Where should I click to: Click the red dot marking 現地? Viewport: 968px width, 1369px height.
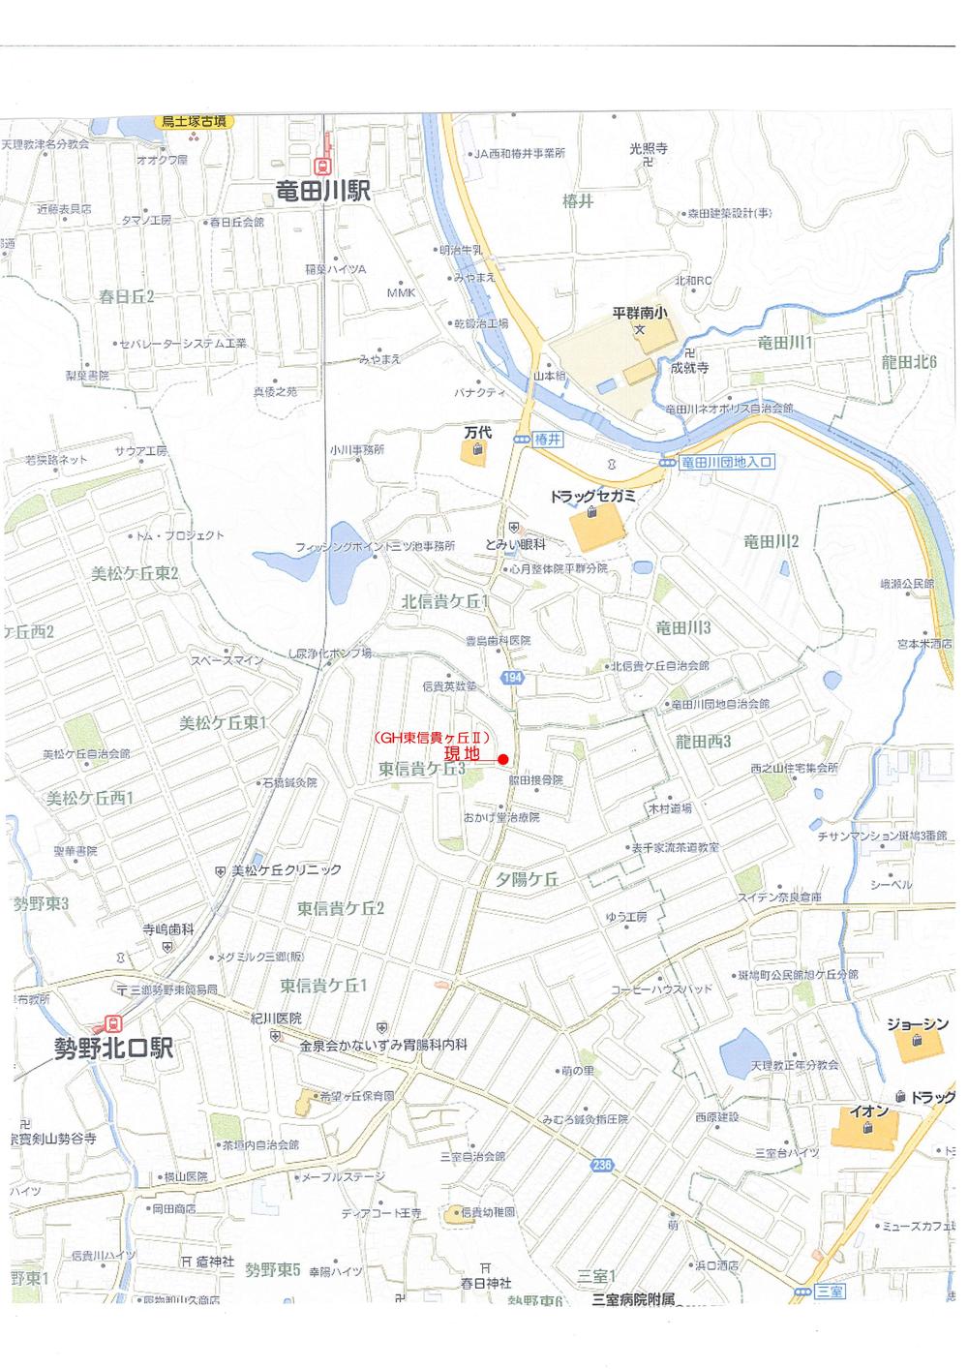(503, 759)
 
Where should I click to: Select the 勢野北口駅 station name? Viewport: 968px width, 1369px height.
(112, 1049)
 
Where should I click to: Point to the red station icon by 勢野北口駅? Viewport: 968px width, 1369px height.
(113, 1022)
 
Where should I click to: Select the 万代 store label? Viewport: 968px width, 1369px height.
(478, 433)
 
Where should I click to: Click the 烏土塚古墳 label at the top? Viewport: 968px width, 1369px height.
(195, 122)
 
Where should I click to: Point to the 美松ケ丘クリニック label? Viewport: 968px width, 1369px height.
(287, 870)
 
